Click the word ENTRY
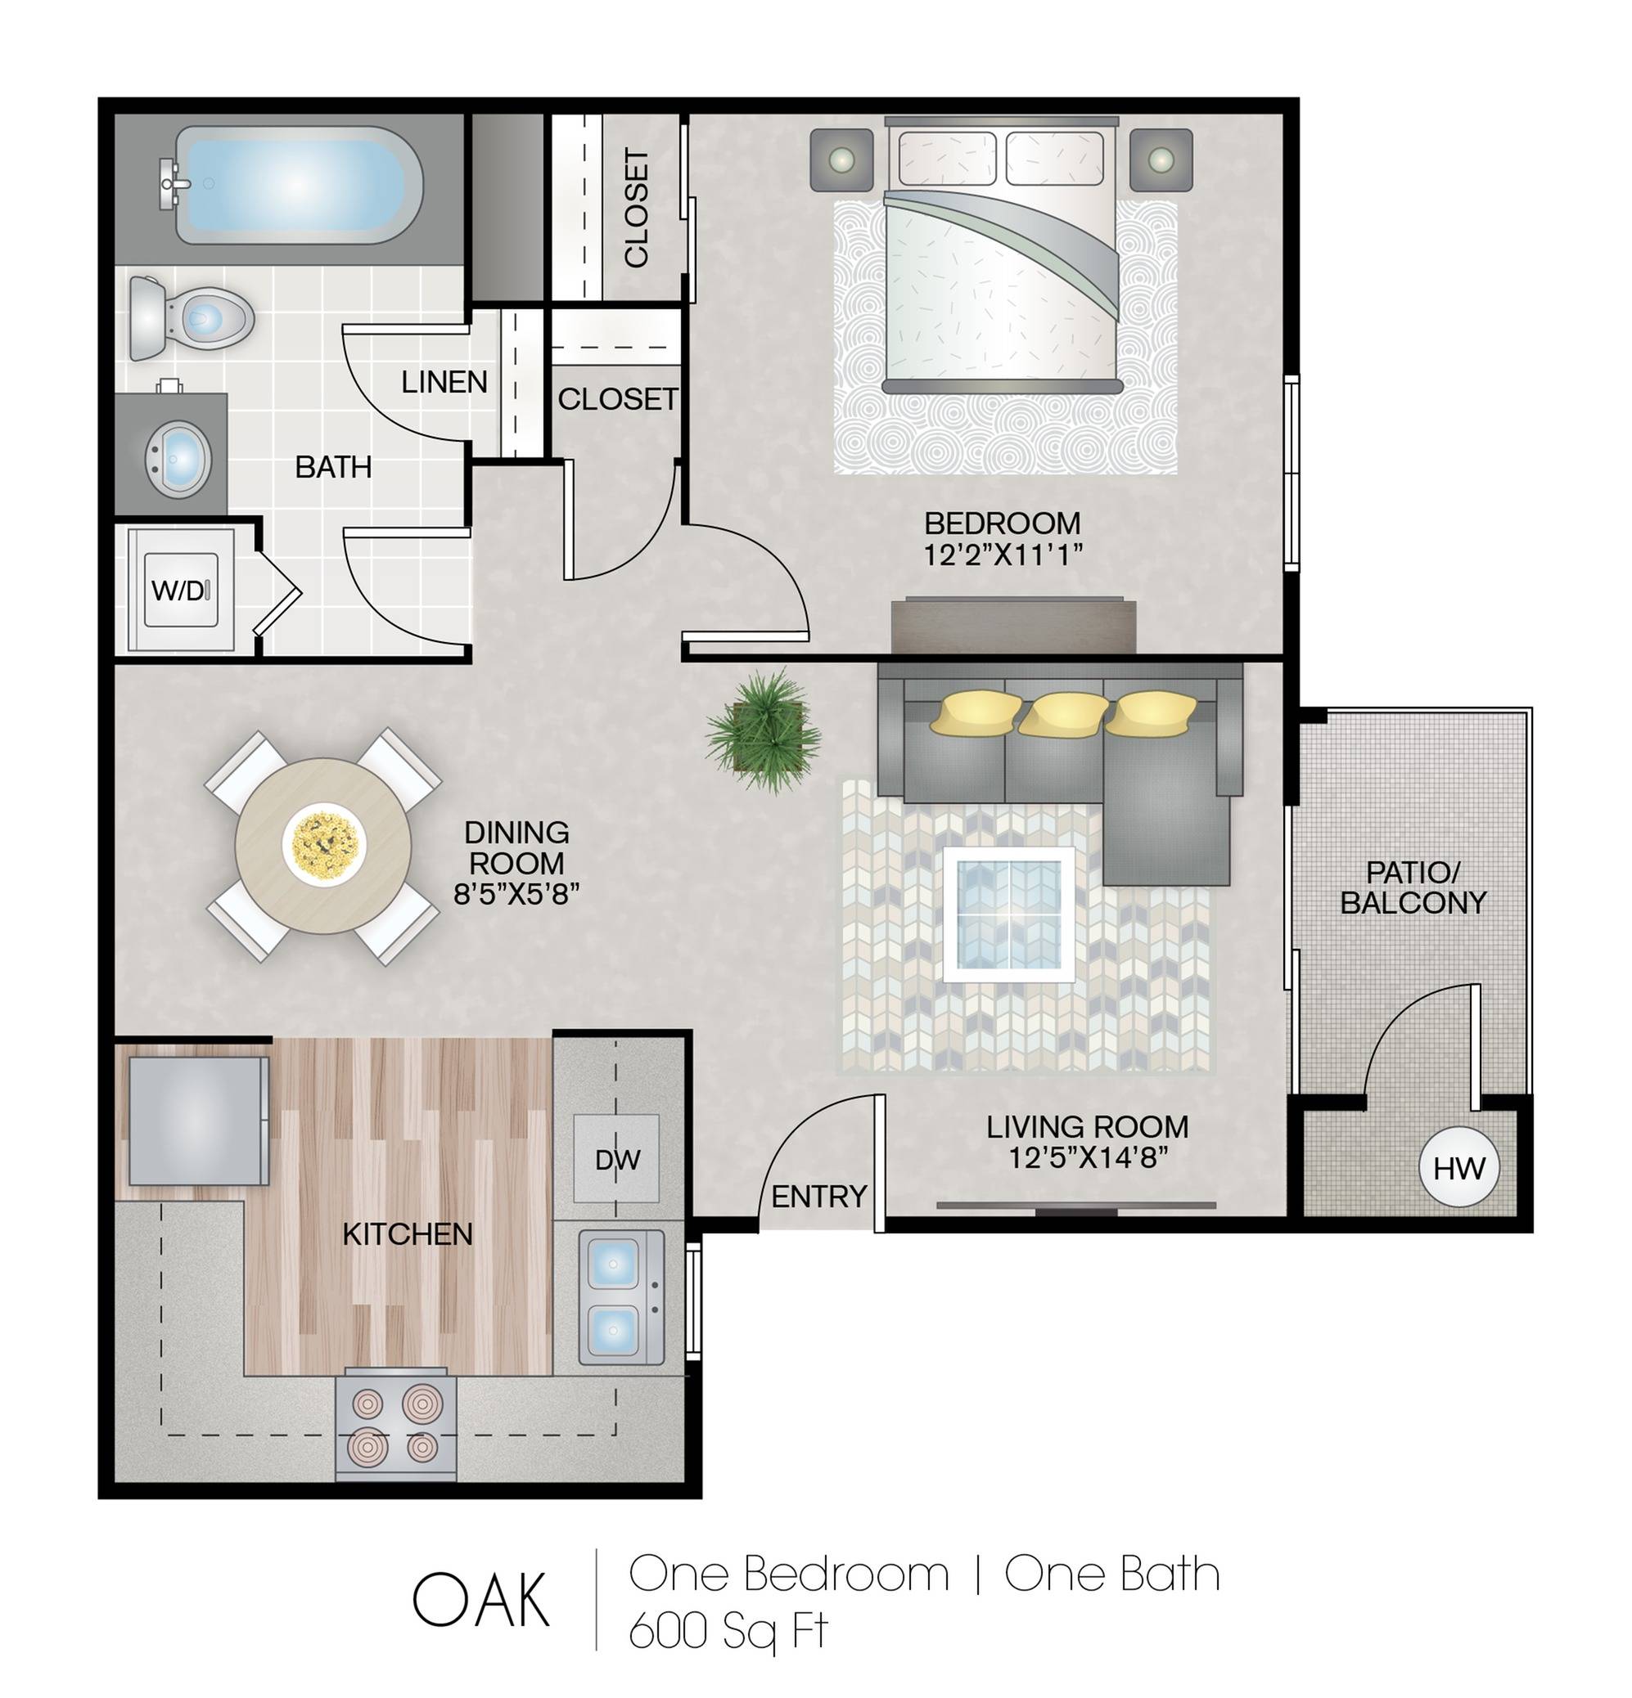(x=819, y=1197)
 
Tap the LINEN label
(x=444, y=382)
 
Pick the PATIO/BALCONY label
(x=1413, y=888)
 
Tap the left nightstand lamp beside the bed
(x=841, y=159)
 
